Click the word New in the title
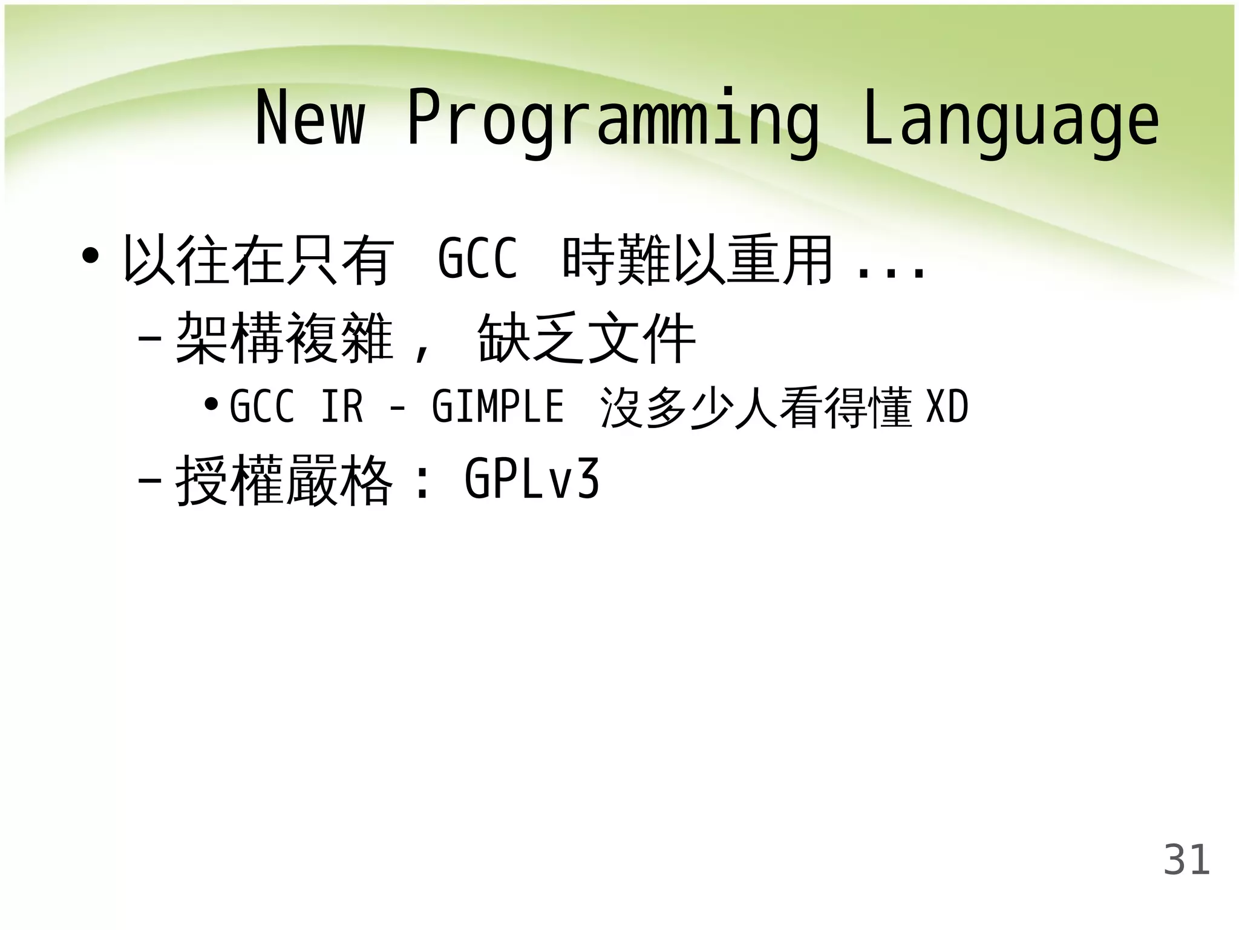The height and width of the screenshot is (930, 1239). click(x=310, y=118)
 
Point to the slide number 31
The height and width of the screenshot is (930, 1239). click(x=1186, y=859)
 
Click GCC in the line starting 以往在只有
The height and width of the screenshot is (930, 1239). click(x=477, y=259)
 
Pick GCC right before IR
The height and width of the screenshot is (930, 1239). click(x=262, y=406)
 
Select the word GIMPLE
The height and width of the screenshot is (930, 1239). click(x=497, y=406)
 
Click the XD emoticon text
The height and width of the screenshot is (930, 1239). click(x=947, y=406)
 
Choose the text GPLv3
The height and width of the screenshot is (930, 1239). click(x=531, y=479)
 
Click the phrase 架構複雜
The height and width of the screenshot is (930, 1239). click(x=284, y=338)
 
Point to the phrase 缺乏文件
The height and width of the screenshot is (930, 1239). click(x=586, y=338)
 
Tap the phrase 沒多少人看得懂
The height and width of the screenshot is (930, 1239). click(x=756, y=407)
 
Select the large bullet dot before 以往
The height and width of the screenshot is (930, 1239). click(x=90, y=256)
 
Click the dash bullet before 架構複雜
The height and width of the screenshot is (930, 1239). click(x=149, y=337)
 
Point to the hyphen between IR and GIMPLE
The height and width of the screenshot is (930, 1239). click(x=397, y=409)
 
